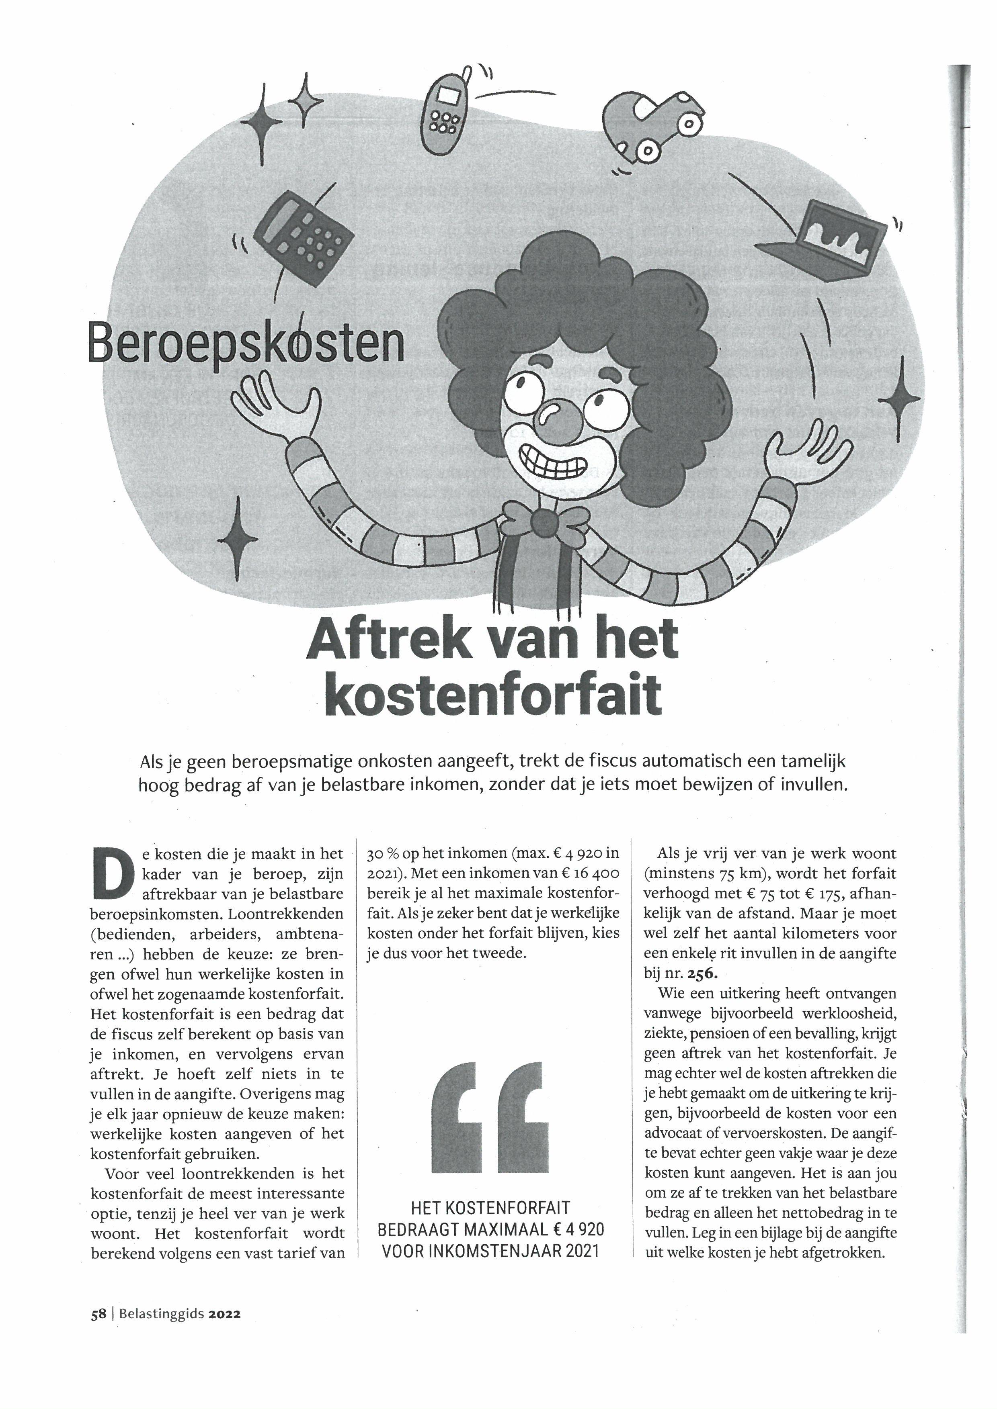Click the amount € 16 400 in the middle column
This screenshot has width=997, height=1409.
[589, 873]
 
